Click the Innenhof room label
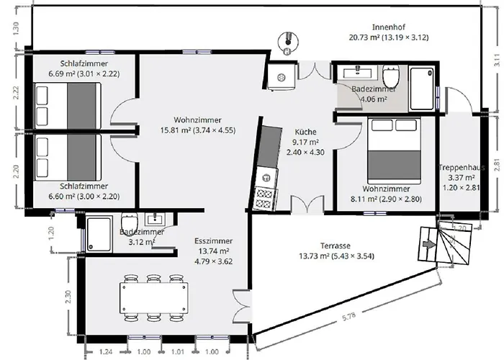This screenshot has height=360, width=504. [x=389, y=27]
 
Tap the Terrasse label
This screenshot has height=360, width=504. [x=336, y=246]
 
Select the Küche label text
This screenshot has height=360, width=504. [x=306, y=132]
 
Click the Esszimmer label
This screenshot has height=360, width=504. [x=213, y=241]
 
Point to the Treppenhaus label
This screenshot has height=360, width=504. [x=462, y=168]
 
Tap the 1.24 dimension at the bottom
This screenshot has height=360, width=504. [x=106, y=351]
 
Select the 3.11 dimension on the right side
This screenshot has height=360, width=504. [x=497, y=60]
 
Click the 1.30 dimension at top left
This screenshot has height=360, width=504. [x=17, y=28]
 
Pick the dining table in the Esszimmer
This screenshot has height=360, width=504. [x=154, y=298]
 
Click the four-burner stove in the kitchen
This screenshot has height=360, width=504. [x=265, y=198]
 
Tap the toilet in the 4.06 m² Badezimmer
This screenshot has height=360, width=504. [x=391, y=75]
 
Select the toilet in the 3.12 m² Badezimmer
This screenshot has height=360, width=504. [x=130, y=222]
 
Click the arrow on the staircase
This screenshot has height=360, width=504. [x=428, y=244]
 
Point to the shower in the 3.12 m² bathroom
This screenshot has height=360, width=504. [x=99, y=234]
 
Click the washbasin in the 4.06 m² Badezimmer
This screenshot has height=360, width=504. [x=357, y=72]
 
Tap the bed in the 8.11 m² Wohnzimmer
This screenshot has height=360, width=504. [x=395, y=150]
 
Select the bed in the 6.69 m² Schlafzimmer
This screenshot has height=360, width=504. [x=68, y=105]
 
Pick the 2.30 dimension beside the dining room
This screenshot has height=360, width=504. [x=68, y=297]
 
